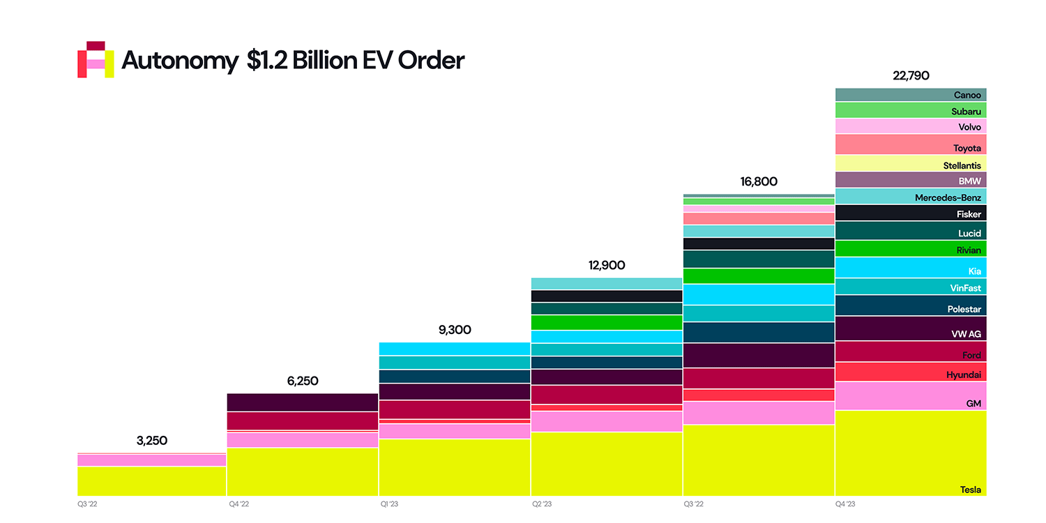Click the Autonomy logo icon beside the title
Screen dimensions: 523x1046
tap(96, 60)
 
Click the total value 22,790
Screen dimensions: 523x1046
tap(911, 75)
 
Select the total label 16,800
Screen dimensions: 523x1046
tap(759, 182)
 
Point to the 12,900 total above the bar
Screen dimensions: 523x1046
tap(606, 266)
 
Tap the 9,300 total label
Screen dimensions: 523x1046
tap(455, 330)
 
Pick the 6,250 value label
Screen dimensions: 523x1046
tap(303, 381)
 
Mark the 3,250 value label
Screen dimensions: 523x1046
tap(151, 441)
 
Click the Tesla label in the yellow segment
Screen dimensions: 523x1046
tap(970, 490)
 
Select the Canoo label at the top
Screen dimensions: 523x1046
tap(967, 95)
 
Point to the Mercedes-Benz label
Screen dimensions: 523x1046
tap(948, 197)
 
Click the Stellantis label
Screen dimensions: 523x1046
tap(962, 166)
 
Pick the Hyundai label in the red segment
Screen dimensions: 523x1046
tap(963, 375)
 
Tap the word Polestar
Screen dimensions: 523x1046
tap(964, 309)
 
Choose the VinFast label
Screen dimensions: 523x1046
tap(965, 288)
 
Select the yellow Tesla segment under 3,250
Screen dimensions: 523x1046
tap(151, 481)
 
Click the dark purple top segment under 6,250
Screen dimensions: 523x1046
tap(303, 402)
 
